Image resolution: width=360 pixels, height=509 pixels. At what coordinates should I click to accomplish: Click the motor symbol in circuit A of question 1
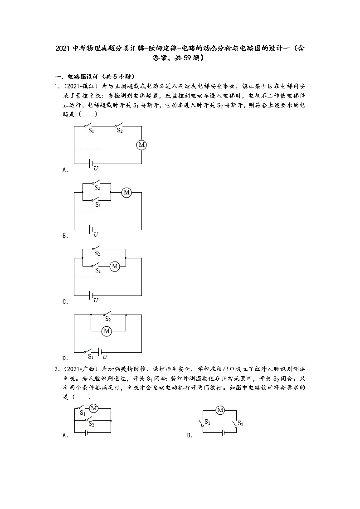[141, 145]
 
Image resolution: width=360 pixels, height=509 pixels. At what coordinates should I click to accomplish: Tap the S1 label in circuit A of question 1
[91, 131]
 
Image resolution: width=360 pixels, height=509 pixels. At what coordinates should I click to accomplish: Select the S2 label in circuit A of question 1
[120, 131]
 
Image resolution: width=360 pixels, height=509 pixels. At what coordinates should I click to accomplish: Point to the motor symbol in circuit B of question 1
[126, 193]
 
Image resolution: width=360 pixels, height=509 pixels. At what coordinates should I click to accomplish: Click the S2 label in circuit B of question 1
[97, 187]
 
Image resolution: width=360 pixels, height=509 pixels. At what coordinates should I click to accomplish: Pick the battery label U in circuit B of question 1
[96, 234]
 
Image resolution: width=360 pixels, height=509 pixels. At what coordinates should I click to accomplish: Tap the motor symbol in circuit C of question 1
[115, 267]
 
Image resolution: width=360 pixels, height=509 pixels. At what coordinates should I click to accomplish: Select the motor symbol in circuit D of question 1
[107, 331]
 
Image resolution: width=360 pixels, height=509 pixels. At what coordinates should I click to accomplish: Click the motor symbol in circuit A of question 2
[94, 408]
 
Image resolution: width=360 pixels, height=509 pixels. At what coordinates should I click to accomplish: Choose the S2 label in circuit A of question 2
[91, 424]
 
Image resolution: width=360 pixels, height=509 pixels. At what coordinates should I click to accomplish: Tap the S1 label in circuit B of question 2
[207, 422]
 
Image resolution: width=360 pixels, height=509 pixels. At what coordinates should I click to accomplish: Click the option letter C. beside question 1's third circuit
[65, 301]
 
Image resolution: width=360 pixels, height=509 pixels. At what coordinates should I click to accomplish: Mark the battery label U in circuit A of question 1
[96, 169]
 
